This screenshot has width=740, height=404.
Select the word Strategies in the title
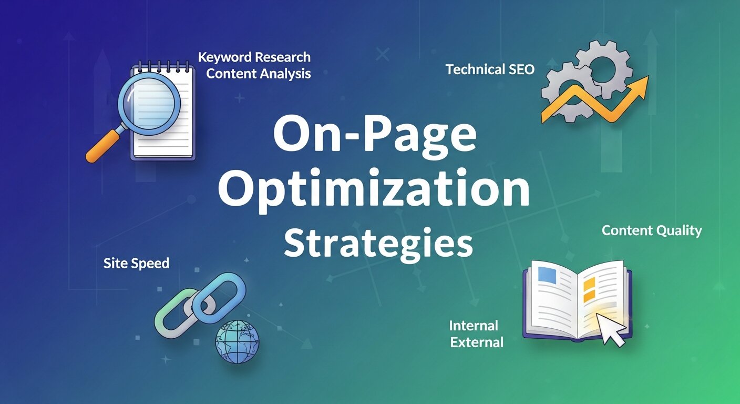378,244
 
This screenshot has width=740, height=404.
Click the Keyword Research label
254,57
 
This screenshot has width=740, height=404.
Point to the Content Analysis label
259,74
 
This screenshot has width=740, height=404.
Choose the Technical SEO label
490,69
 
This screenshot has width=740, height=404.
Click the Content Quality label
652,230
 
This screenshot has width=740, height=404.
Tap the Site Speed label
137,263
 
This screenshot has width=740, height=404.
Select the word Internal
474,326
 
